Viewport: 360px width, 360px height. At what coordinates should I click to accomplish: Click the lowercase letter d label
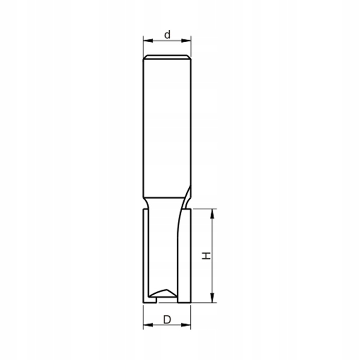[167, 35]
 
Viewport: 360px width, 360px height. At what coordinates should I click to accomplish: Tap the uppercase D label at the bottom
[167, 319]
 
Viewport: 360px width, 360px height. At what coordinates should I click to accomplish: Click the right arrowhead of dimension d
[188, 41]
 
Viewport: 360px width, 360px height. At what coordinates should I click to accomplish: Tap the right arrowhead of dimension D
[188, 325]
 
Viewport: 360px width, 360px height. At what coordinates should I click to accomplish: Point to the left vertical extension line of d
[143, 46]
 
